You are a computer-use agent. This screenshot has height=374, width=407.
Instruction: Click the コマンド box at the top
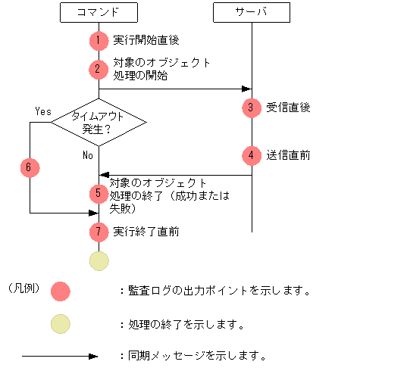(99, 13)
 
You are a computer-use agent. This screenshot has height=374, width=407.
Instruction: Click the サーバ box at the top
(251, 13)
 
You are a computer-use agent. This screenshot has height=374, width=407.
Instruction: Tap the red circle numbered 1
(99, 40)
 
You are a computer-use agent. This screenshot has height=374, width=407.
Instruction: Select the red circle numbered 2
(99, 69)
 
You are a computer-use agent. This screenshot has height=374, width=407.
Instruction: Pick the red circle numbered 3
(251, 108)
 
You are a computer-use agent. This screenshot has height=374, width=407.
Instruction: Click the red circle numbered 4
(251, 155)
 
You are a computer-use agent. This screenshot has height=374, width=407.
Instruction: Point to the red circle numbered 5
(99, 194)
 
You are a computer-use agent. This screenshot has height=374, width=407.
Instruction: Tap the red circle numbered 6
(30, 167)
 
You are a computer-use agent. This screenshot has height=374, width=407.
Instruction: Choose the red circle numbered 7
(99, 231)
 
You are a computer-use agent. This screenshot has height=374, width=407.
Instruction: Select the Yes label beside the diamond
(43, 111)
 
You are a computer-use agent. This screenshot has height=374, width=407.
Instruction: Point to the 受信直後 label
(288, 108)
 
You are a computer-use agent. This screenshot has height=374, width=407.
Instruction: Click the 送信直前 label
(288, 155)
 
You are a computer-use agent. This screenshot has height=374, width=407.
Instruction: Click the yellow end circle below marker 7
(99, 260)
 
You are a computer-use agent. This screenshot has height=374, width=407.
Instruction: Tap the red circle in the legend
(60, 291)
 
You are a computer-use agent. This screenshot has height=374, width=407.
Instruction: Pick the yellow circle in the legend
(60, 325)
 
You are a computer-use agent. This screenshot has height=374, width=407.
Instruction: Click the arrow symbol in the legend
(60, 356)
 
